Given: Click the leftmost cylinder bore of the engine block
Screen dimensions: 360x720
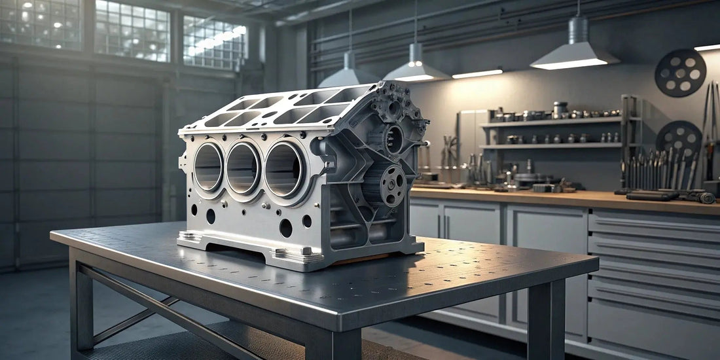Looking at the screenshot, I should pyautogui.click(x=208, y=167).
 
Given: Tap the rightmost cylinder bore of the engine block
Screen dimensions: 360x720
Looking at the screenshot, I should pyautogui.click(x=283, y=170).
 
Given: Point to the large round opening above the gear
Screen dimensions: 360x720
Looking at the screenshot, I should pyautogui.click(x=394, y=139).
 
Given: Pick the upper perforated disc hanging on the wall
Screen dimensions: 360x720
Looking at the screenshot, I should pyautogui.click(x=681, y=73).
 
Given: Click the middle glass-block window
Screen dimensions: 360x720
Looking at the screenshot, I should pyautogui.click(x=132, y=30).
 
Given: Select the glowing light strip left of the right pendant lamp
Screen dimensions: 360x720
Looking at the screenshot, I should pyautogui.click(x=477, y=74).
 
